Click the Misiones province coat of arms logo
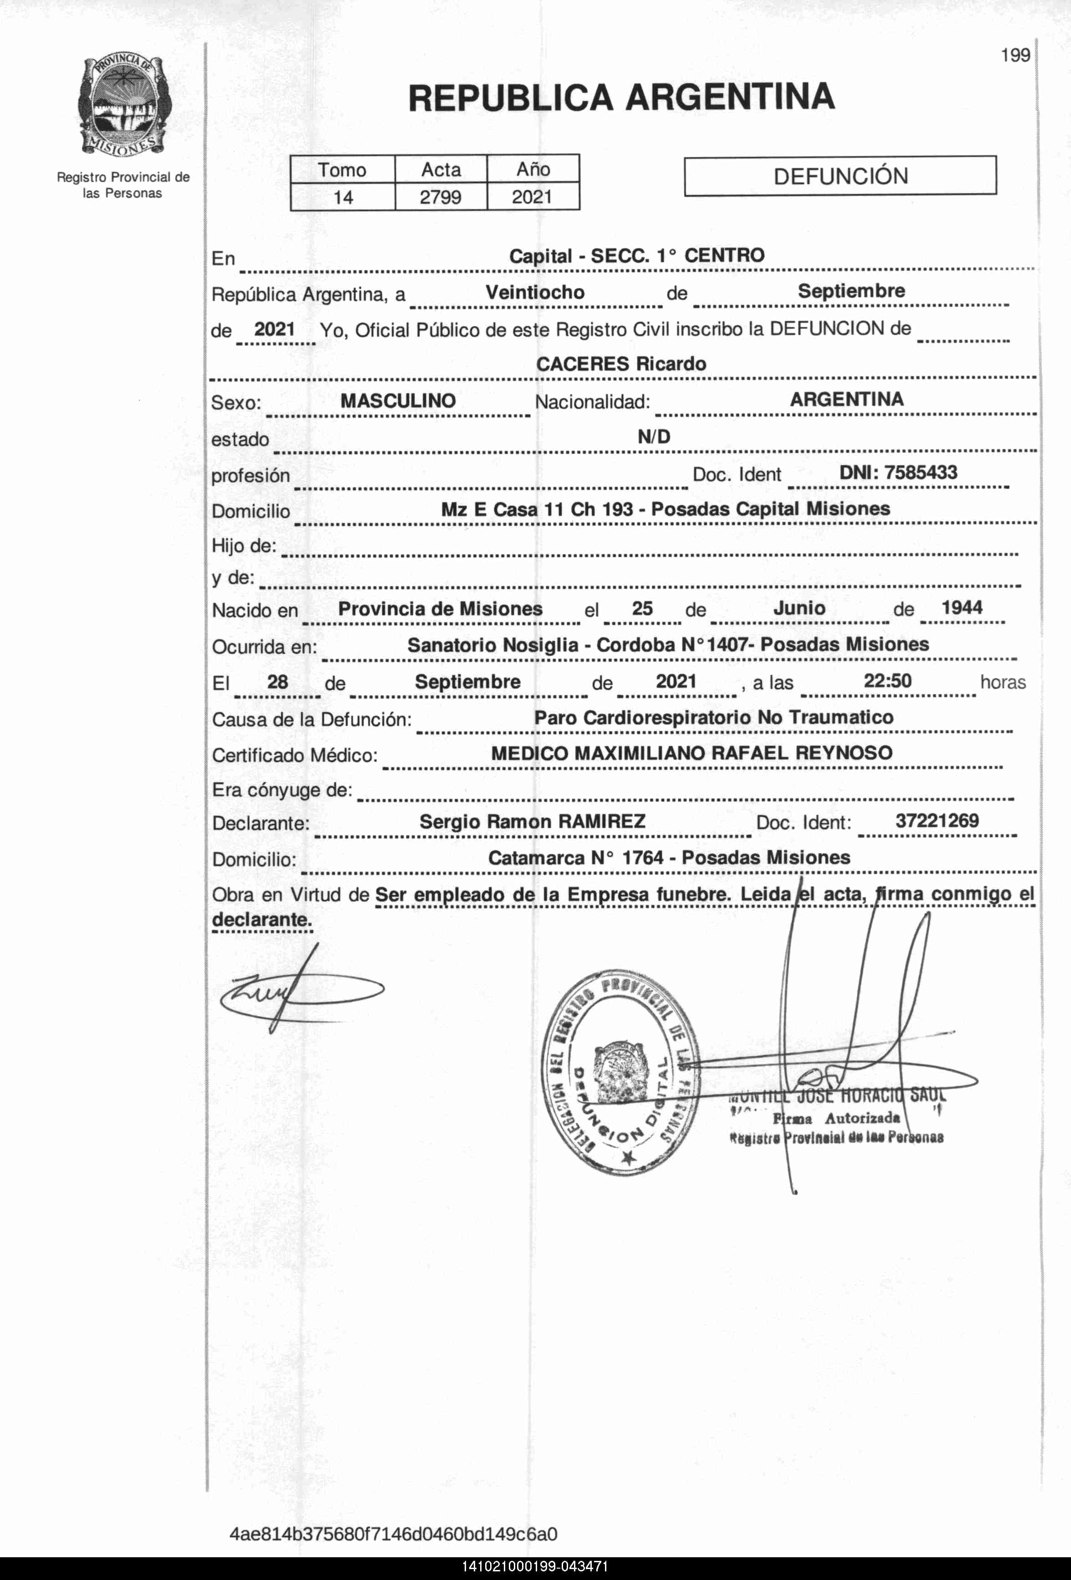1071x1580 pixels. [x=124, y=105]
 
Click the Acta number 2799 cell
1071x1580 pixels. [x=441, y=197]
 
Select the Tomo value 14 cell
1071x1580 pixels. [x=343, y=197]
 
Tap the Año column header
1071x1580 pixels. [x=533, y=169]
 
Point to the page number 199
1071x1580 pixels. [x=1015, y=56]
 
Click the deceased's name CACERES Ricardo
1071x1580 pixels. [x=621, y=364]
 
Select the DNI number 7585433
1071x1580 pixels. [x=898, y=472]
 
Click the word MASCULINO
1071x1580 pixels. [x=398, y=400]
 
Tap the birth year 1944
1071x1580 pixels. [x=962, y=607]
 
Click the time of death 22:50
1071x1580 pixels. [x=887, y=681]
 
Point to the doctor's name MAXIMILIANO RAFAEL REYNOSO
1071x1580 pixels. [x=733, y=753]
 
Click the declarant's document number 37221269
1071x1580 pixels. [x=937, y=821]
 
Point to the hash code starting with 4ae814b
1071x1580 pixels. [x=394, y=1534]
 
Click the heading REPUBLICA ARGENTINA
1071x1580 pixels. [x=621, y=97]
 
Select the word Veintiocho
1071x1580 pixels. [x=534, y=292]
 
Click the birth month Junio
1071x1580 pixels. [x=799, y=608]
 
